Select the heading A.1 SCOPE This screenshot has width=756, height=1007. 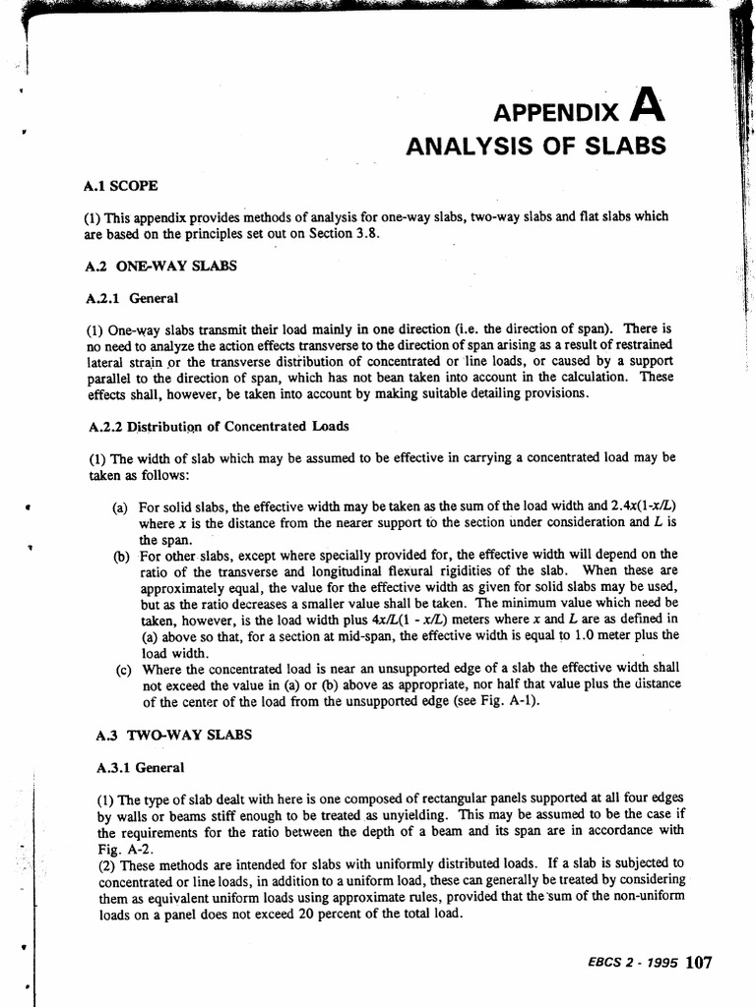click(121, 185)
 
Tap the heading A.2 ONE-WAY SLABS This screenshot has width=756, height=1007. click(160, 266)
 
